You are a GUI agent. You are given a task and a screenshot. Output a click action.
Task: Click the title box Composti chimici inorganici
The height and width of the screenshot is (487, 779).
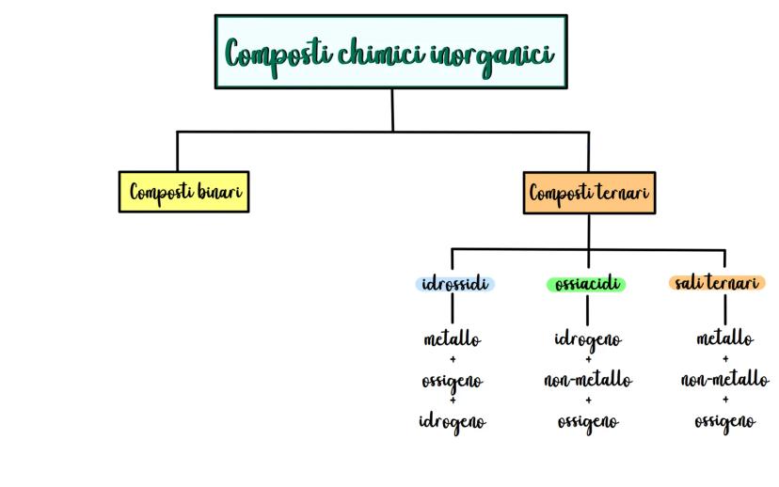coord(390,52)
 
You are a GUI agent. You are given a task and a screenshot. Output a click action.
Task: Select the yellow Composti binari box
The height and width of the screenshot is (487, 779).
coord(184,192)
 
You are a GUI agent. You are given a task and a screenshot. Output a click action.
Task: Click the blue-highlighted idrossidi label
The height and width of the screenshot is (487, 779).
coord(453,284)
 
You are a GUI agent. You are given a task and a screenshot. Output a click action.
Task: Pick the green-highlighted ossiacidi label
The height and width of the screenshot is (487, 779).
coord(587,284)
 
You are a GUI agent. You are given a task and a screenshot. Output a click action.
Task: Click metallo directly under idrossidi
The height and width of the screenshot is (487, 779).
coord(453,338)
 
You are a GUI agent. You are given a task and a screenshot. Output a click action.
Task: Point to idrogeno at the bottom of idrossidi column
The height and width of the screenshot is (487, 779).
coord(453,422)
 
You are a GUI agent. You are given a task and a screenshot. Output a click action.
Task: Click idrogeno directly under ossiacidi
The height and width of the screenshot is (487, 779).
coord(588,338)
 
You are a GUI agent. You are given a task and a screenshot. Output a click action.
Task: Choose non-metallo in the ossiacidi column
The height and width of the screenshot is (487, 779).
coord(588,380)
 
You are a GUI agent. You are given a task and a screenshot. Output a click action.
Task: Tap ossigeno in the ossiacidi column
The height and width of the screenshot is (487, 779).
coord(588,422)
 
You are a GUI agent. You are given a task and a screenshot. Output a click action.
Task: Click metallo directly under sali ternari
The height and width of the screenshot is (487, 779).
coord(724,338)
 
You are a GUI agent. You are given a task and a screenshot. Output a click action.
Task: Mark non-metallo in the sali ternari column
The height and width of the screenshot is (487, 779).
coord(724,380)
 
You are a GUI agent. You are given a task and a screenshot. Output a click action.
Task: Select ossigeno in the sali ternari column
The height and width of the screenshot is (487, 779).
coord(724,422)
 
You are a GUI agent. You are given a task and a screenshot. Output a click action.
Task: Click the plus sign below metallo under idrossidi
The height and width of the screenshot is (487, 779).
coord(453,359)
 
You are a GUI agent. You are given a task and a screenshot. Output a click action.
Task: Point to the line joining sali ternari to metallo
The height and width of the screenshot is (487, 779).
coord(724,309)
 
